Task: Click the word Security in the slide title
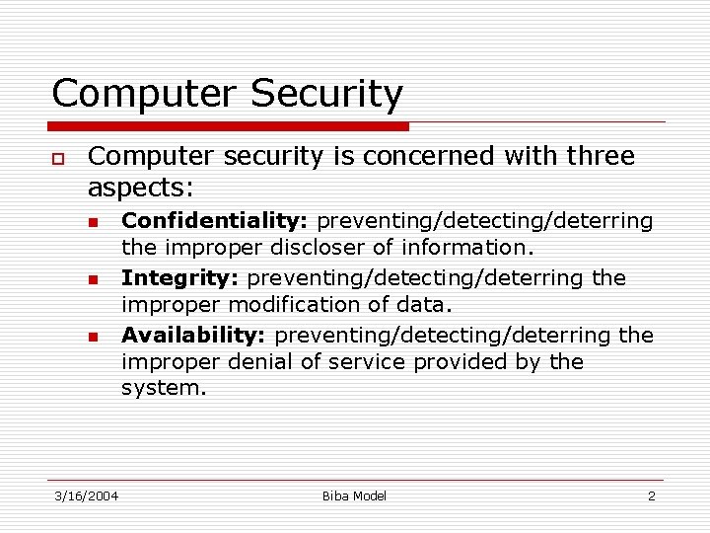[327, 95]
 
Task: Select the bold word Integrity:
[180, 278]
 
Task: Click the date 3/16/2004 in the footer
[86, 495]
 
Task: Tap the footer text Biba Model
[354, 495]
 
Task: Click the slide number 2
[651, 495]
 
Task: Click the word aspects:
[141, 187]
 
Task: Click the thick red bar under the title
[230, 126]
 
